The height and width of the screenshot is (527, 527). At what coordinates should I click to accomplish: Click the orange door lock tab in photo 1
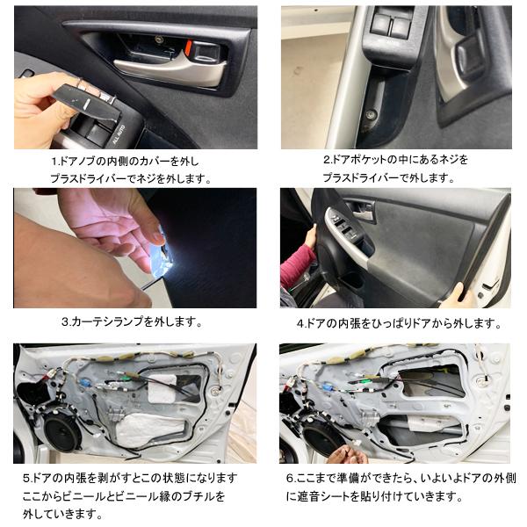189,47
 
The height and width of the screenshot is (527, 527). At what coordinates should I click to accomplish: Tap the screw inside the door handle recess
159,40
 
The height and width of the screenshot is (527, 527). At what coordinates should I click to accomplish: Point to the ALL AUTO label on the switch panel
119,134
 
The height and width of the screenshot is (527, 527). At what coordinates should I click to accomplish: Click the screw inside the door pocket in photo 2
372,114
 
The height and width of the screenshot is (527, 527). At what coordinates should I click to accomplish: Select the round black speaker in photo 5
63,433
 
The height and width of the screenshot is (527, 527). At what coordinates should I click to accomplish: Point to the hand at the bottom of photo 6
346,454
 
